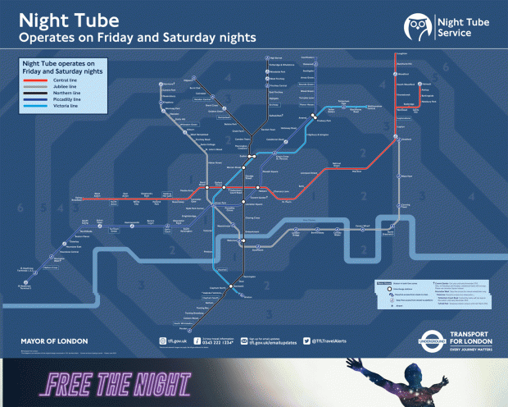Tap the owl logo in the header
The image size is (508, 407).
(416, 27)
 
